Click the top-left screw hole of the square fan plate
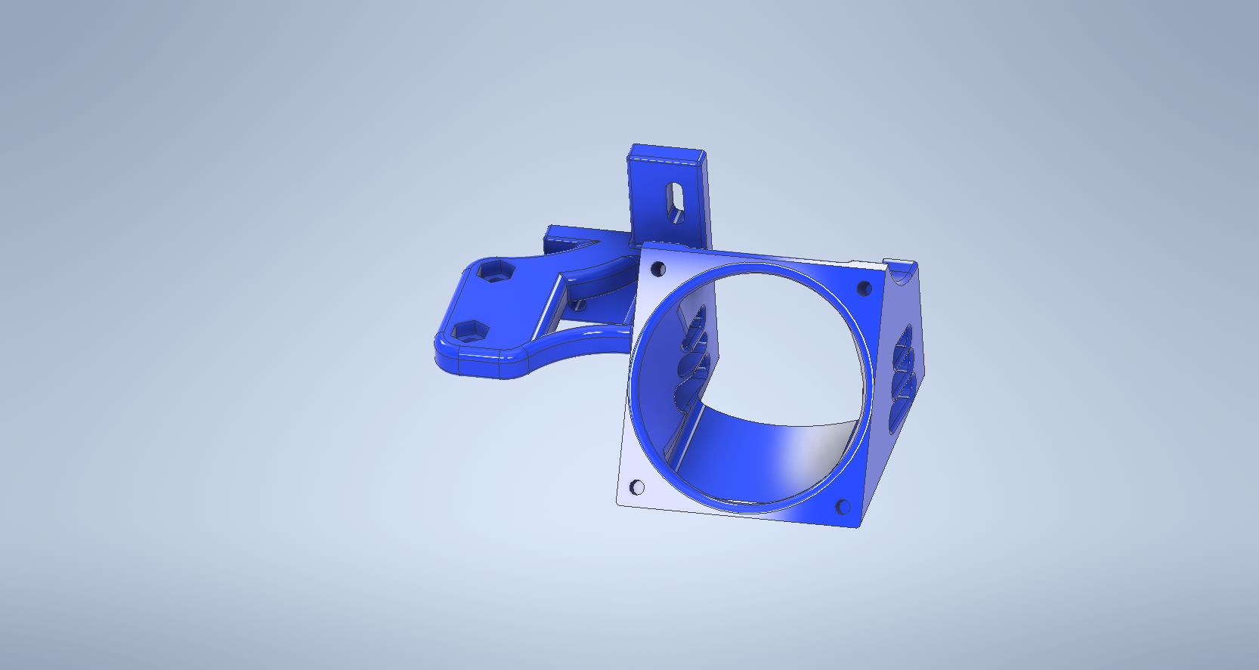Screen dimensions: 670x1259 pyautogui.click(x=657, y=268)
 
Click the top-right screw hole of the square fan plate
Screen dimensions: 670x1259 pyautogui.click(x=865, y=288)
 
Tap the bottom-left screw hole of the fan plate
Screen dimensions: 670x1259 pyautogui.click(x=637, y=487)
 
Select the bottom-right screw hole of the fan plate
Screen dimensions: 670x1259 pyautogui.click(x=843, y=507)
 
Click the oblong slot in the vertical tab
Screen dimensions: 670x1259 pyautogui.click(x=673, y=201)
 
